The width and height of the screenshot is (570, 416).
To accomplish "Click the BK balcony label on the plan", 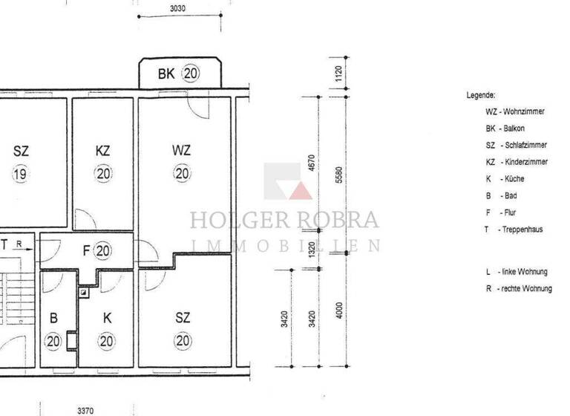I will pyautogui.click(x=166, y=74).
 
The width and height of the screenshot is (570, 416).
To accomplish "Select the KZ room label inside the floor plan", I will pyautogui.click(x=103, y=151).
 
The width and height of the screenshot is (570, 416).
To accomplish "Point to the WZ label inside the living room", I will pyautogui.click(x=182, y=151).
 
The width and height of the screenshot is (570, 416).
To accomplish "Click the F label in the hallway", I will pyautogui.click(x=86, y=251).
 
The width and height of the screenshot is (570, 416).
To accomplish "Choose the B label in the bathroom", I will pyautogui.click(x=53, y=318).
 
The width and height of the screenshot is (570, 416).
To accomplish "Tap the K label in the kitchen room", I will pyautogui.click(x=107, y=318).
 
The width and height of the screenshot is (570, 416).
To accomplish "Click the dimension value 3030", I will pyautogui.click(x=177, y=9).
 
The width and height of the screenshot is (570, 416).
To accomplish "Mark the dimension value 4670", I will pyautogui.click(x=312, y=165).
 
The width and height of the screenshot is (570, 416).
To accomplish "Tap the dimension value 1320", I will pyautogui.click(x=312, y=247).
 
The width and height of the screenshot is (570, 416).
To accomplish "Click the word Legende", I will pyautogui.click(x=481, y=96).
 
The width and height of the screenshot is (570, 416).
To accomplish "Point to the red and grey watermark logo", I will pyautogui.click(x=288, y=181).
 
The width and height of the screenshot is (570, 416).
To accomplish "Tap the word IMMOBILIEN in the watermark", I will pyautogui.click(x=285, y=246).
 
